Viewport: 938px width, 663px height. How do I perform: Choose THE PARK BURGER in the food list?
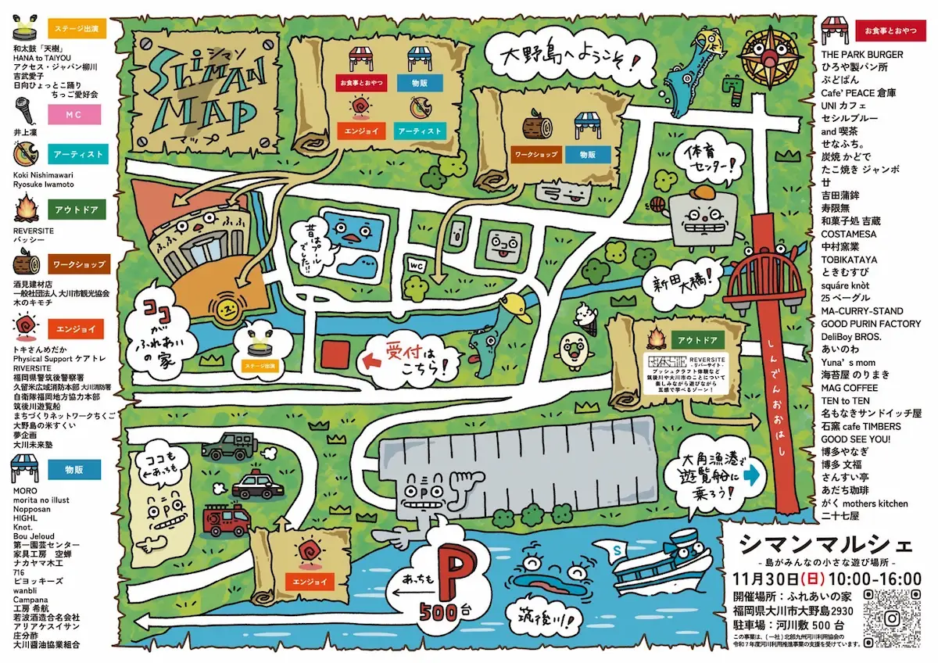(862, 55)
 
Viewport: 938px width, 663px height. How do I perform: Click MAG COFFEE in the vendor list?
(849, 388)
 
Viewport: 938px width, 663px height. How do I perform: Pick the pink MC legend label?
(76, 115)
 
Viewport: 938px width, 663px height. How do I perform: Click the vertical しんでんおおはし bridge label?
(768, 376)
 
